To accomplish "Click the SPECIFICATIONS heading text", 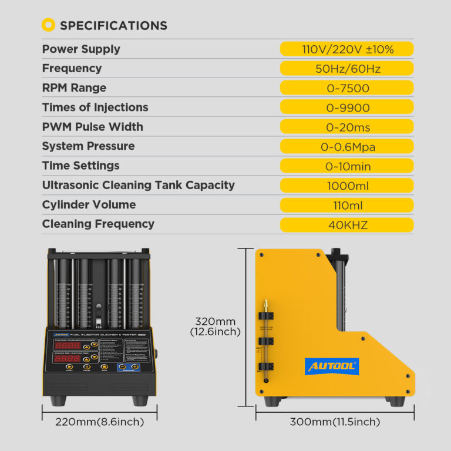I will click(113, 26).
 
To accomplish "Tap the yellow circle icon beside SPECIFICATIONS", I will click(49, 25).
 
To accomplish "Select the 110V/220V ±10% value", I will click(347, 49).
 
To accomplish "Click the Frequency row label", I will click(72, 69).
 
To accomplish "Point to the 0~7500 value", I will click(347, 88).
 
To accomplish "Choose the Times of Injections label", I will click(95, 107).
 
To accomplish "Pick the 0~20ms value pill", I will click(347, 127).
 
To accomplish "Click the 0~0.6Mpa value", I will click(347, 147).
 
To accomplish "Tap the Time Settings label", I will click(80, 166).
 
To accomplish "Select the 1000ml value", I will click(347, 186).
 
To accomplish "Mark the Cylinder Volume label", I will click(89, 205).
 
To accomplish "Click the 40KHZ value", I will click(347, 224).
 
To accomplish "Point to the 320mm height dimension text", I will click(216, 321).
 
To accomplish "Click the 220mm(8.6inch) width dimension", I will click(92, 422).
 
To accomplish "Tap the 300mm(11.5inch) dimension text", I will click(335, 422).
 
